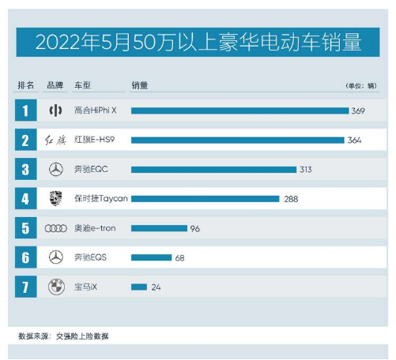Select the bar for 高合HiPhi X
coord(239,111)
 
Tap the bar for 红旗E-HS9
coord(237,141)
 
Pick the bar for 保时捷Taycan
coord(205,199)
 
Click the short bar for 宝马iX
coord(138,287)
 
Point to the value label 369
coord(358,111)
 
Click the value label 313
coord(307,170)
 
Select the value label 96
coord(194,229)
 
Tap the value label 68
coord(179,258)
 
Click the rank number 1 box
coord(25,111)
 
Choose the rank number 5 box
coord(25,228)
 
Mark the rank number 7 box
coord(25,287)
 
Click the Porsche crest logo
coord(55,199)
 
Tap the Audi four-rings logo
coord(55,228)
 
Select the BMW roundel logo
coord(55,287)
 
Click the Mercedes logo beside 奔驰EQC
coord(55,170)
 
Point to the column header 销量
coord(139,84)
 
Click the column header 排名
coord(25,84)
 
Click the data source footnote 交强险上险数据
coord(82,336)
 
